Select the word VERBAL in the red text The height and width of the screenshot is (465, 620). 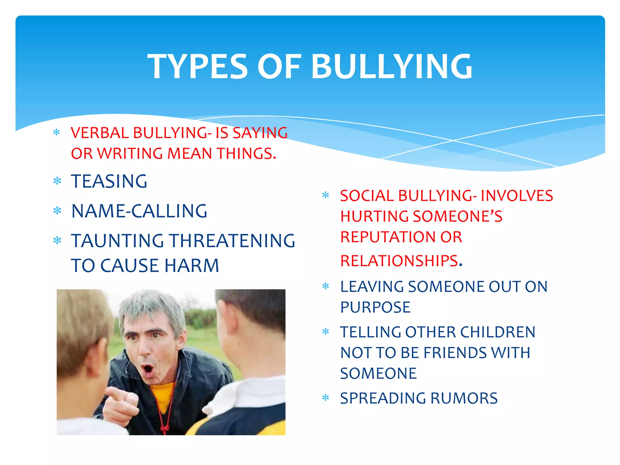coord(100,133)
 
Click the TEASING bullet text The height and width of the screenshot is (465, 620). coord(109,181)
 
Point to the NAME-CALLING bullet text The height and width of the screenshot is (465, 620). coord(139,211)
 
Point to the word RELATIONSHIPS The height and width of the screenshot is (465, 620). coord(399,261)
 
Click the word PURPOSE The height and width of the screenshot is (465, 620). coord(375,307)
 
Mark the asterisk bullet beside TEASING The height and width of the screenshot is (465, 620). coord(57,181)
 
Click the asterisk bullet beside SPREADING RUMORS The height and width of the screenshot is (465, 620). coord(326,397)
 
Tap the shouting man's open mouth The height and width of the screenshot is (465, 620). coord(148,369)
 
